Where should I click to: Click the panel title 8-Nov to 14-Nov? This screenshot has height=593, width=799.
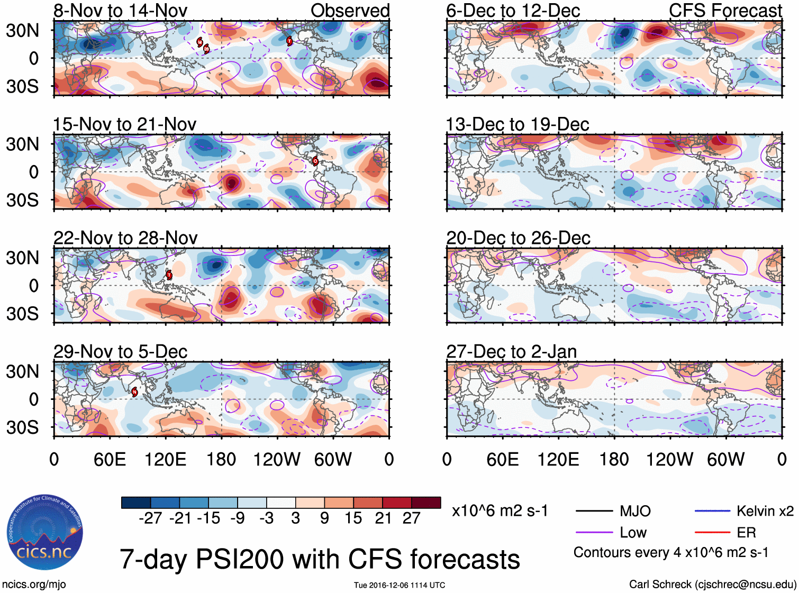click(120, 11)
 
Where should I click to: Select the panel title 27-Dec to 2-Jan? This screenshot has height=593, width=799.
click(511, 352)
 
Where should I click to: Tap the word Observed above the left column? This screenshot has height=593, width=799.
click(350, 11)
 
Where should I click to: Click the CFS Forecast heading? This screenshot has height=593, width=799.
click(725, 11)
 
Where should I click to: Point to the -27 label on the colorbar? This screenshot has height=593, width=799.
click(150, 518)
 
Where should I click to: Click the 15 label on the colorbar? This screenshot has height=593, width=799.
click(353, 518)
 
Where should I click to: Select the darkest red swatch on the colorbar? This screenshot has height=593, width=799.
click(426, 503)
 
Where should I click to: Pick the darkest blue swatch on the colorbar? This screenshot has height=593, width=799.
click(136, 503)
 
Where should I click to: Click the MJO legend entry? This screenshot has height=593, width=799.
click(635, 511)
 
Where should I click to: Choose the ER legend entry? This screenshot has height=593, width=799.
click(746, 532)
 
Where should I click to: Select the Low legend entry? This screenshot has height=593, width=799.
click(633, 532)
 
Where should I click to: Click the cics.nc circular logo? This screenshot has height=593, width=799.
click(44, 533)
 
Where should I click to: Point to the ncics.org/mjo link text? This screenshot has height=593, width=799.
click(34, 584)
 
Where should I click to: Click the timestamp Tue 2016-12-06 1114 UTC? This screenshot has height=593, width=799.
click(399, 585)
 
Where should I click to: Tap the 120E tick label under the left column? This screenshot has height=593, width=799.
click(165, 459)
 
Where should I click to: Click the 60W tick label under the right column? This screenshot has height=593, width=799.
click(725, 459)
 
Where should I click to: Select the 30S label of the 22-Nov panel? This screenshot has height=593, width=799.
click(22, 314)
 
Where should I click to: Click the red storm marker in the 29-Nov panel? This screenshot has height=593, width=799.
click(134, 391)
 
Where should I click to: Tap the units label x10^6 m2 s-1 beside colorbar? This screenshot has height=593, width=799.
click(500, 511)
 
